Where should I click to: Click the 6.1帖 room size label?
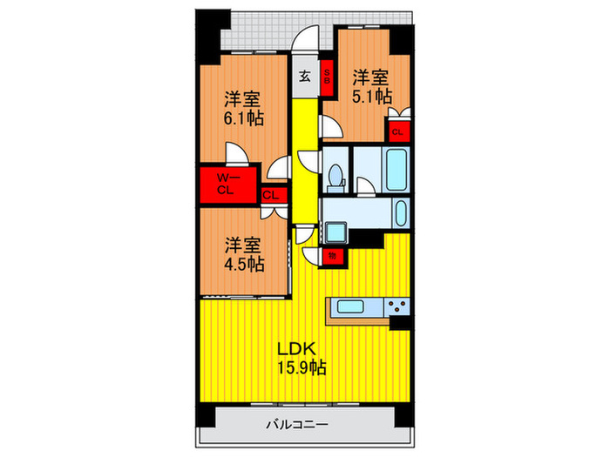tap(245, 116)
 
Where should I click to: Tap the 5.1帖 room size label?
tap(371, 96)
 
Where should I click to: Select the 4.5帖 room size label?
tap(243, 263)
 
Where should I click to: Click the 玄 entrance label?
tap(305, 76)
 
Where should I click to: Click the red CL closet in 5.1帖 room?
tap(397, 132)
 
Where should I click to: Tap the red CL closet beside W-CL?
tap(271, 195)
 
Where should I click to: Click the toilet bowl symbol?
tap(335, 178)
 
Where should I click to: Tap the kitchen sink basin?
tap(354, 306)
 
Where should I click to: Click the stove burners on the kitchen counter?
tap(398, 306)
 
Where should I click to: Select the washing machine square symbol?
tap(336, 233)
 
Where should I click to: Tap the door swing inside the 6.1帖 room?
tap(236, 155)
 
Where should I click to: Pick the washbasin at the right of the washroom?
tap(399, 212)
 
